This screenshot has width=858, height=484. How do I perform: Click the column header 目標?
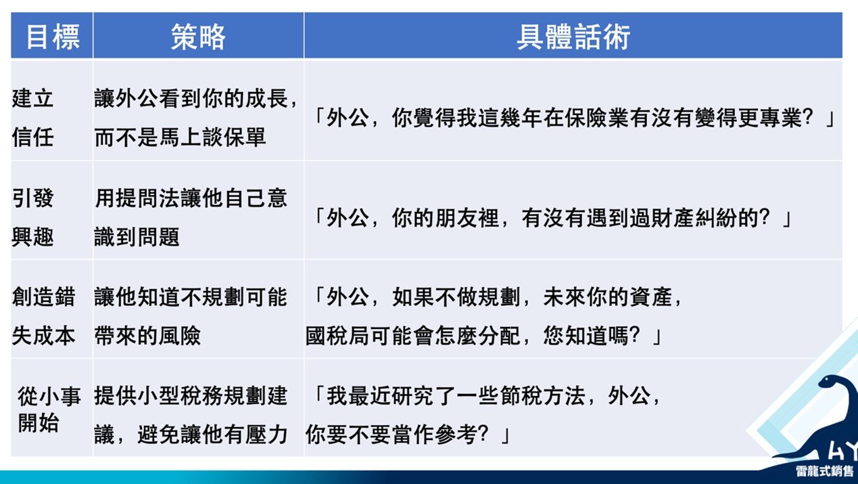click(53, 37)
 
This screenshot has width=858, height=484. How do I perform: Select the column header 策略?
click(198, 37)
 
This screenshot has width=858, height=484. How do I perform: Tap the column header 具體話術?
click(573, 37)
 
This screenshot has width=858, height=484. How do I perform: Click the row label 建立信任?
click(32, 117)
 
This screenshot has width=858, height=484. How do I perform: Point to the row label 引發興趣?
click(32, 217)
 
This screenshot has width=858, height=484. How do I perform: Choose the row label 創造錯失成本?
click(43, 316)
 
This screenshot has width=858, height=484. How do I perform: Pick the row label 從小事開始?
click(49, 410)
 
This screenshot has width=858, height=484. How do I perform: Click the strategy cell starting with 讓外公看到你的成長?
click(195, 117)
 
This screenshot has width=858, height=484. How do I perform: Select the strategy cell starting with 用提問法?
click(191, 217)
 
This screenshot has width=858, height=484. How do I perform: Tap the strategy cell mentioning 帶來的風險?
click(191, 316)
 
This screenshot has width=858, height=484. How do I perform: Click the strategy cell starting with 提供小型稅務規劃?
click(191, 415)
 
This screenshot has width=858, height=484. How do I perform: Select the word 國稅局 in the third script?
click(338, 336)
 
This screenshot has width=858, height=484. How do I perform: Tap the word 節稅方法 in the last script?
click(542, 396)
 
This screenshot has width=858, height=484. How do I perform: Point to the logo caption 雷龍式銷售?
click(824, 471)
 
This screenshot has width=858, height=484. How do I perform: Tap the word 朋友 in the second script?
click(456, 218)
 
